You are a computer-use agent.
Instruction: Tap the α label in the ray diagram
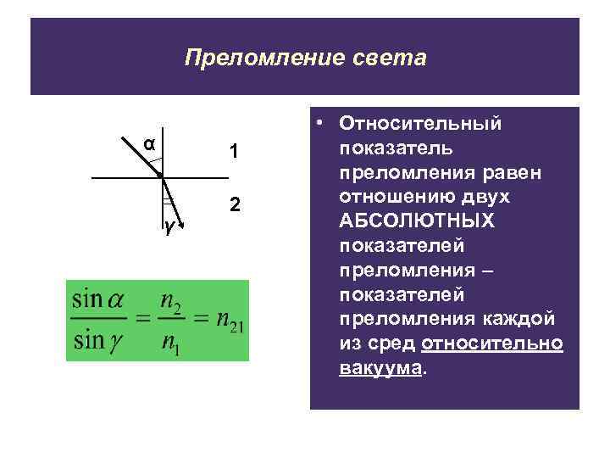(x=148, y=143)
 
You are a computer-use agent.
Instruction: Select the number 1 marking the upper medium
(x=234, y=153)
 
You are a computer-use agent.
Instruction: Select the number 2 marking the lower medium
(x=235, y=206)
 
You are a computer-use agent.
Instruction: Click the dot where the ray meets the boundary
(x=159, y=176)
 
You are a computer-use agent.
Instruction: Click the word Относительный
(x=420, y=124)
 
